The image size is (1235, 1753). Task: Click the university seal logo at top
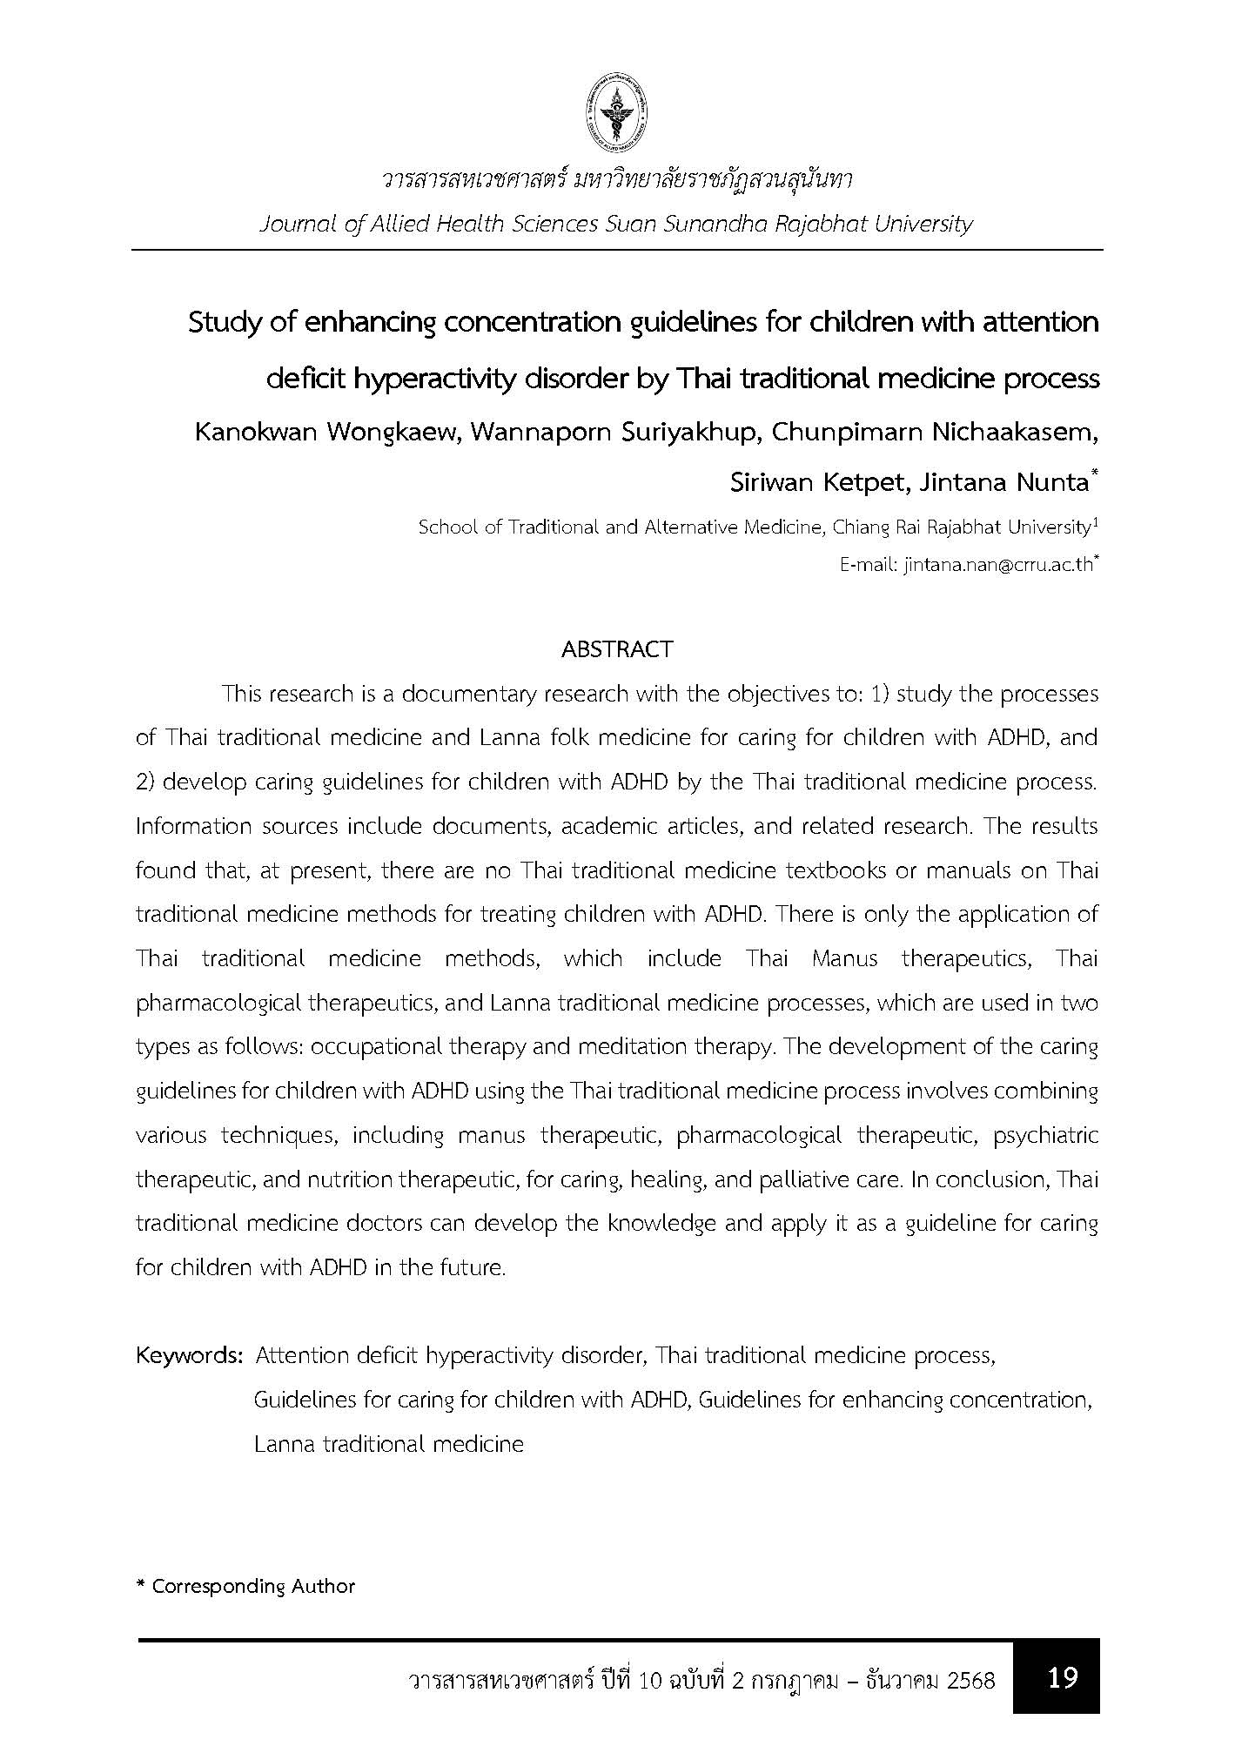coord(618,111)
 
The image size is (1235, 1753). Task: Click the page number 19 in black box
coord(1063,1677)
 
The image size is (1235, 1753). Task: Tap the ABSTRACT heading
coord(617,649)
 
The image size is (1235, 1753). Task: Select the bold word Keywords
coord(188,1355)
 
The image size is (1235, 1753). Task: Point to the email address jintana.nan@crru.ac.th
coord(997,565)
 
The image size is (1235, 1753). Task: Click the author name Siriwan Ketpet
coord(817,482)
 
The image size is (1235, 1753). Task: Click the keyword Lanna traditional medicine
coord(389,1444)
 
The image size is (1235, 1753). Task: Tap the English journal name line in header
coord(615,224)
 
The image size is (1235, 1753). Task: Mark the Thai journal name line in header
coord(616,180)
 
